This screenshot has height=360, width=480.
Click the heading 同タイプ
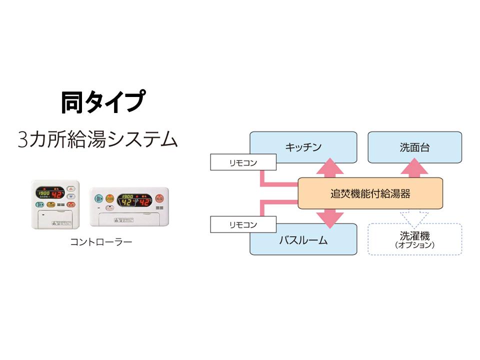coord(103,102)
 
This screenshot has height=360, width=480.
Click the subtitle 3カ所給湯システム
coord(97,138)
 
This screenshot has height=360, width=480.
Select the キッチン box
coord(303,147)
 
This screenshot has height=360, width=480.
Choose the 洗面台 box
coord(414,147)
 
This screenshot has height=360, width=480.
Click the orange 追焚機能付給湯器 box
coord(370,193)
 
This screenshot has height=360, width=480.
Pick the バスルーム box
coord(303,240)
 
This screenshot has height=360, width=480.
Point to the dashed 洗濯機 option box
coord(414,239)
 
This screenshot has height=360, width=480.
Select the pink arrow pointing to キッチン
coord(330,167)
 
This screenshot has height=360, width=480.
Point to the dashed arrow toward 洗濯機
coord(415,216)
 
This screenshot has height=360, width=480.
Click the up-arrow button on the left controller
coord(71,189)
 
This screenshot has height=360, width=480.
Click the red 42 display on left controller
coord(58,194)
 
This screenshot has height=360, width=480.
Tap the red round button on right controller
coord(159,198)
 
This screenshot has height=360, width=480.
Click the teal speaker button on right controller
coord(98,198)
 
